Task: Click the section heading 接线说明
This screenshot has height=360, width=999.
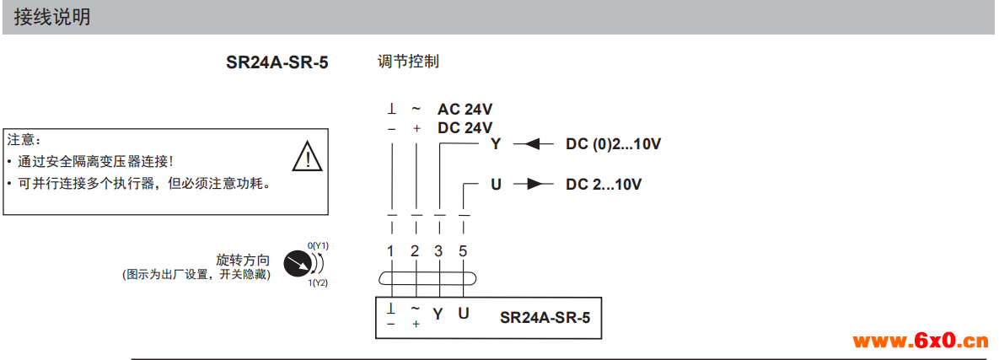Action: [51, 18]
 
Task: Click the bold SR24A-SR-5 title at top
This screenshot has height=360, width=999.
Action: [277, 63]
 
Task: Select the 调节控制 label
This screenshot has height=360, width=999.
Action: [409, 62]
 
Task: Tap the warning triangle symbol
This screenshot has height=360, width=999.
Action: [307, 156]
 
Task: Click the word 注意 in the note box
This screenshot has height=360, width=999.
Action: [24, 139]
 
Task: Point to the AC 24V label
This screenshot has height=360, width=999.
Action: [465, 110]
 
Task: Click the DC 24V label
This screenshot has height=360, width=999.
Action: [465, 128]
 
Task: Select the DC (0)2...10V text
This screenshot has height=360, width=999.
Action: [613, 144]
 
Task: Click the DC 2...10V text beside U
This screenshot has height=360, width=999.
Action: [604, 184]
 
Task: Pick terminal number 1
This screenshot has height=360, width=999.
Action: [390, 250]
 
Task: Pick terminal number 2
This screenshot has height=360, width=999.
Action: [415, 250]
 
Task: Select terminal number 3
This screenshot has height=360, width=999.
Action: [438, 250]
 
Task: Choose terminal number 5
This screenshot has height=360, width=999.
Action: [463, 250]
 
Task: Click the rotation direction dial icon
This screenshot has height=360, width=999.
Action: [297, 264]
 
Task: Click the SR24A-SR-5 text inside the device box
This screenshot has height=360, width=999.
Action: [545, 317]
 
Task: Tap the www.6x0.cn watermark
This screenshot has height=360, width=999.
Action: [920, 341]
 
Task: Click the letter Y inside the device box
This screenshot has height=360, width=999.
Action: [438, 314]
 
